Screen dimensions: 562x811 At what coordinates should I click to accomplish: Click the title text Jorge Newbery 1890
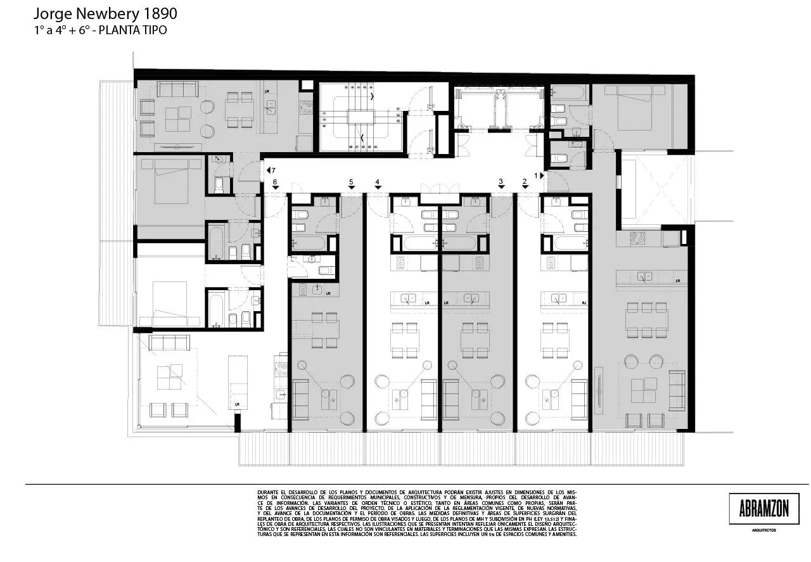tap(105, 13)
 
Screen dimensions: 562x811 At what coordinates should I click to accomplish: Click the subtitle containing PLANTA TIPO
tap(101, 30)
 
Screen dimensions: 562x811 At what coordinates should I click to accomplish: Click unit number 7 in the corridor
tap(272, 170)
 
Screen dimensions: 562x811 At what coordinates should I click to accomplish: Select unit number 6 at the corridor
tap(275, 182)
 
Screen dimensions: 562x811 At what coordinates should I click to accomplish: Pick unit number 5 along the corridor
tap(351, 182)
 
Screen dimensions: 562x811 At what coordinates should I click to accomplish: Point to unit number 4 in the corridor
tap(377, 182)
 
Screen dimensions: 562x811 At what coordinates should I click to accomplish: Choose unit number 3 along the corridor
tap(501, 182)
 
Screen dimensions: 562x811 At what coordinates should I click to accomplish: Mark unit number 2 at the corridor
tap(525, 182)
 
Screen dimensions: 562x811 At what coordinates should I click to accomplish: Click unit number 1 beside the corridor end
tap(536, 174)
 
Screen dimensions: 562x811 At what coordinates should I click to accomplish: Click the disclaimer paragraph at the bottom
tap(417, 513)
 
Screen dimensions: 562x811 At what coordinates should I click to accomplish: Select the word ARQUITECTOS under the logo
tap(763, 530)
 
